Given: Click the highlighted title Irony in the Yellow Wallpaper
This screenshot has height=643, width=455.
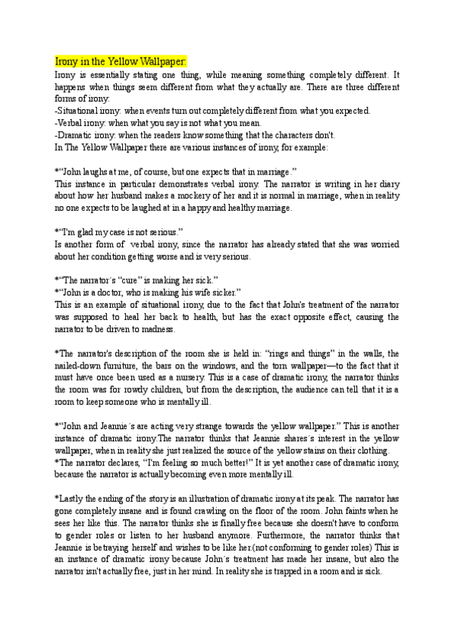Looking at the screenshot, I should (121, 61).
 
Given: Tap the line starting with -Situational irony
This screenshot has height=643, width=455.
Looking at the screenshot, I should (212, 111).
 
